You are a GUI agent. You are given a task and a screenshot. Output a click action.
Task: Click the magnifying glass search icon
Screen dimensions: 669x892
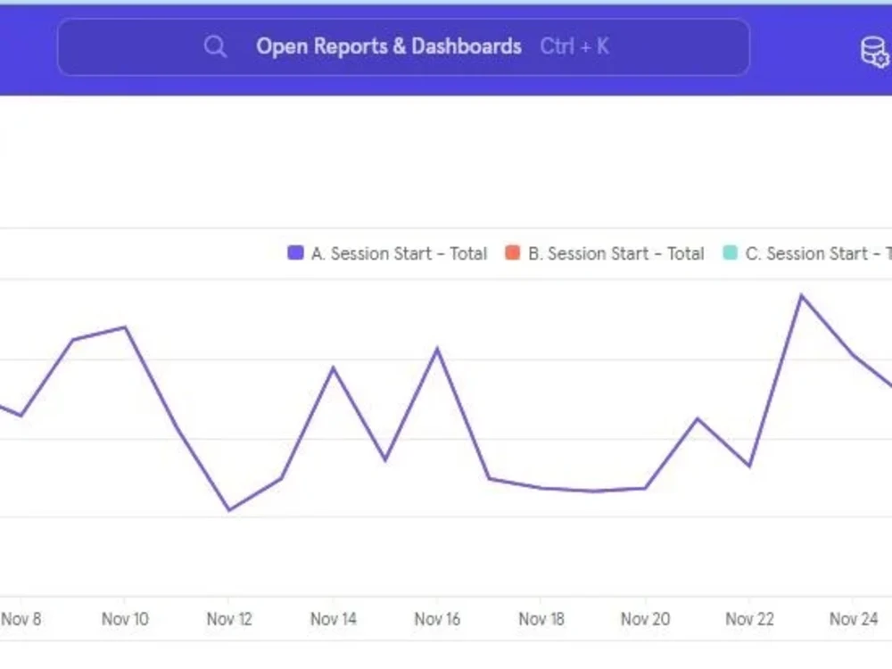215,46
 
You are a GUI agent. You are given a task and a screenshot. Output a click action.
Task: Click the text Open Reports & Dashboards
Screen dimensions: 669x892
389,46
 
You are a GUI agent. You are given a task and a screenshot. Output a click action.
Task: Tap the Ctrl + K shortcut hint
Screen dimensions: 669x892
574,46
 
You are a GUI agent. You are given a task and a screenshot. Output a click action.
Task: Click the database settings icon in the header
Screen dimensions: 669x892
874,51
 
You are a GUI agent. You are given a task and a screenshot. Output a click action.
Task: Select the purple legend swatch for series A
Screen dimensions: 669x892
295,253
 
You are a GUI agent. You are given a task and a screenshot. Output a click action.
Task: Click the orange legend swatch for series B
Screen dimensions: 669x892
512,253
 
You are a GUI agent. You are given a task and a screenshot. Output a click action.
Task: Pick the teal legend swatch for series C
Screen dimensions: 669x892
730,253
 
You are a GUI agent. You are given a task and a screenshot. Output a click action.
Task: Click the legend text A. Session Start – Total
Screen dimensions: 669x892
399,253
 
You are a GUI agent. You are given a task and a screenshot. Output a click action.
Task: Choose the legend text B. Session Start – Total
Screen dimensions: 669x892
615,253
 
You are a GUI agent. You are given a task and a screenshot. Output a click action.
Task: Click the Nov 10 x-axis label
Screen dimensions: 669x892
125,619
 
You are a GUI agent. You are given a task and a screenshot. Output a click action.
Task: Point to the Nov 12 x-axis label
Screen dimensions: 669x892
229,619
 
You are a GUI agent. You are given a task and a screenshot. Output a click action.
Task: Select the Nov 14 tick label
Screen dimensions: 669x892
334,619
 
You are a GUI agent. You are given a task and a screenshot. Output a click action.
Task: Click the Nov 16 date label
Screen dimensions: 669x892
438,619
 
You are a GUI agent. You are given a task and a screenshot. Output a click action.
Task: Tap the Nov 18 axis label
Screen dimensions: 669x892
541,619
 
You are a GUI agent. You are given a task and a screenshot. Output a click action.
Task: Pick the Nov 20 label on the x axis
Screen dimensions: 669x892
646,619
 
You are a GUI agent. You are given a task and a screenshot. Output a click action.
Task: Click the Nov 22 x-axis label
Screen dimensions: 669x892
750,619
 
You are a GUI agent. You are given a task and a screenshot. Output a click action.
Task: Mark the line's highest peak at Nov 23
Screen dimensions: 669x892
801,295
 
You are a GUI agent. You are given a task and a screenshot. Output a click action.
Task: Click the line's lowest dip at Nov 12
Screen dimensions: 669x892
229,510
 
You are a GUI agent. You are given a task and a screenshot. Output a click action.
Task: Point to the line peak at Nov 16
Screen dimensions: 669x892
438,349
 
